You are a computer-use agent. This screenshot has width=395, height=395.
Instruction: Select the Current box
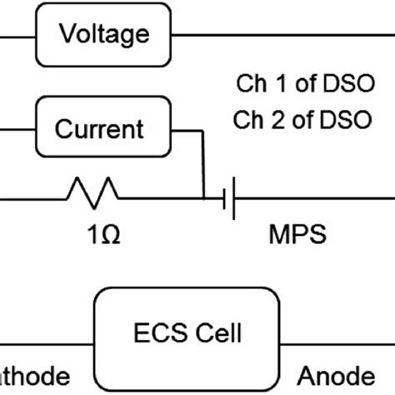click(x=99, y=129)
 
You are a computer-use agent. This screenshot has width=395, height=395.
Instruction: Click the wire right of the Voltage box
click(x=283, y=34)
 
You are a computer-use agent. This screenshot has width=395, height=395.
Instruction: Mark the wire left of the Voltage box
click(x=17, y=34)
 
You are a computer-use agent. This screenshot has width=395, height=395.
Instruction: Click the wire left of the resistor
click(x=33, y=199)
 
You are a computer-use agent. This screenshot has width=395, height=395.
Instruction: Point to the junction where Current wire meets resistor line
click(x=203, y=199)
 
